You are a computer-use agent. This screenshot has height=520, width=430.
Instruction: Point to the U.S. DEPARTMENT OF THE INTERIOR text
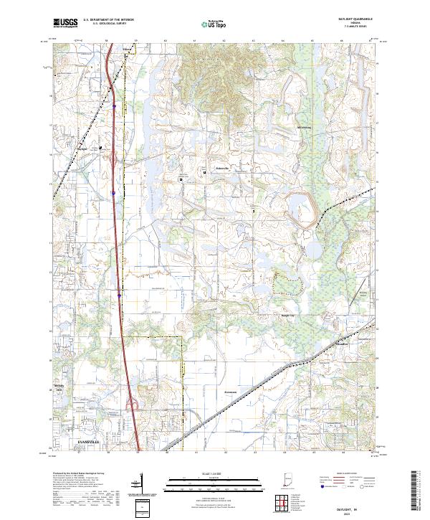click(107, 20)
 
